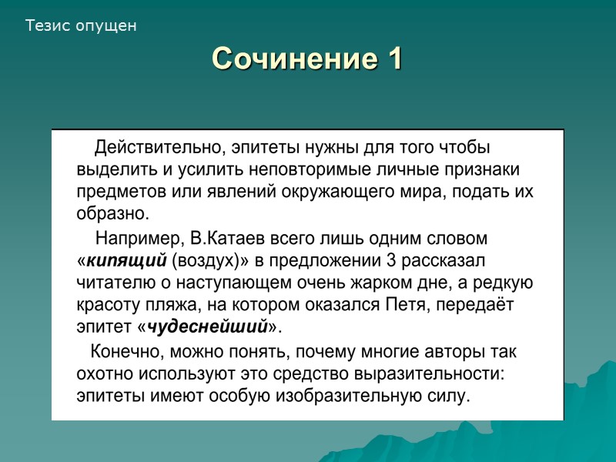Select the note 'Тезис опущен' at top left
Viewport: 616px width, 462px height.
point(81,26)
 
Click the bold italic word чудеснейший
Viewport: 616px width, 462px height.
point(207,327)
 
